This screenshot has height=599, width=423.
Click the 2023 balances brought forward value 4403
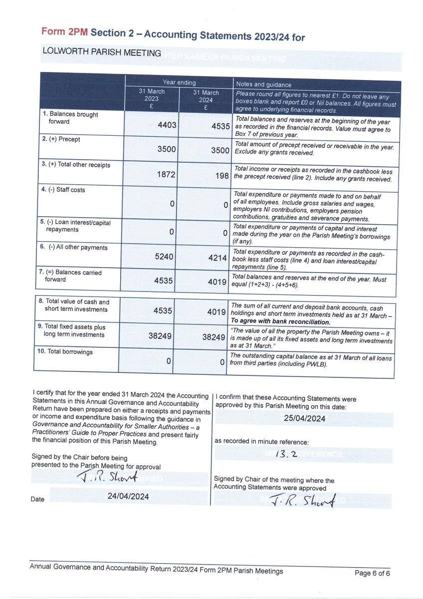(167, 125)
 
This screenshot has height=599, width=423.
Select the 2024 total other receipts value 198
(222, 176)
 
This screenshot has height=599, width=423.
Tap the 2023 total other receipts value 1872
(167, 173)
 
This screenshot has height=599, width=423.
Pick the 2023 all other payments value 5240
(164, 257)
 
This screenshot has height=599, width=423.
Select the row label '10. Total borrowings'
(65, 352)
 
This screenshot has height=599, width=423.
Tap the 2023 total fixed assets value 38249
(160, 336)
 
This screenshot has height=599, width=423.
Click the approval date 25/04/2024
(304, 419)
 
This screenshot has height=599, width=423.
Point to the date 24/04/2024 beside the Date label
(128, 497)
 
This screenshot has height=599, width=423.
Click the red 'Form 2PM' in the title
(64, 32)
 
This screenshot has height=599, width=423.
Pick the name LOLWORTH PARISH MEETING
(102, 52)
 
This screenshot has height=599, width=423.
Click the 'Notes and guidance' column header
(263, 85)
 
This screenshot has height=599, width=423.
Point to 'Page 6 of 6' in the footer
(372, 574)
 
